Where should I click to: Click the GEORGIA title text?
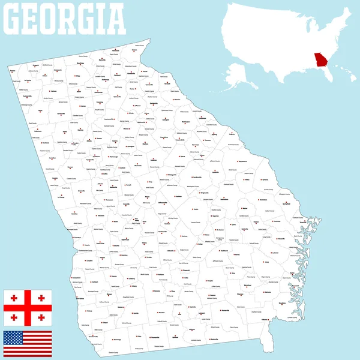(65, 19)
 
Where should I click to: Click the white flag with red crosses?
(28, 308)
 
